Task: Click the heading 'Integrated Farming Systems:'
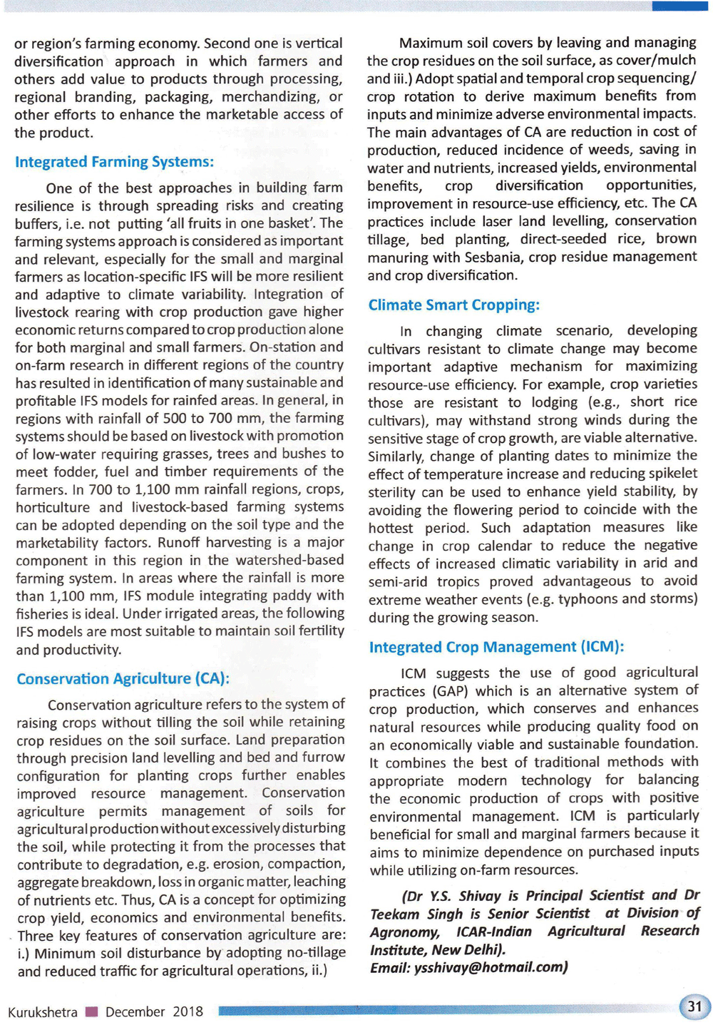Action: (x=114, y=162)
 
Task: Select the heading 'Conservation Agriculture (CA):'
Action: (x=123, y=678)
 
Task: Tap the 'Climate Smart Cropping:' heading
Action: (x=453, y=305)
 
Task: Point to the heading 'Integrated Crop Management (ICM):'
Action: (x=496, y=647)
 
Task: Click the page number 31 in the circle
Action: (x=694, y=1006)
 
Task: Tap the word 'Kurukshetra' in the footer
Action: (x=43, y=1011)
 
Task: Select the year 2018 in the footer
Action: (x=188, y=1011)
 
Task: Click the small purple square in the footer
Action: (x=91, y=1011)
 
